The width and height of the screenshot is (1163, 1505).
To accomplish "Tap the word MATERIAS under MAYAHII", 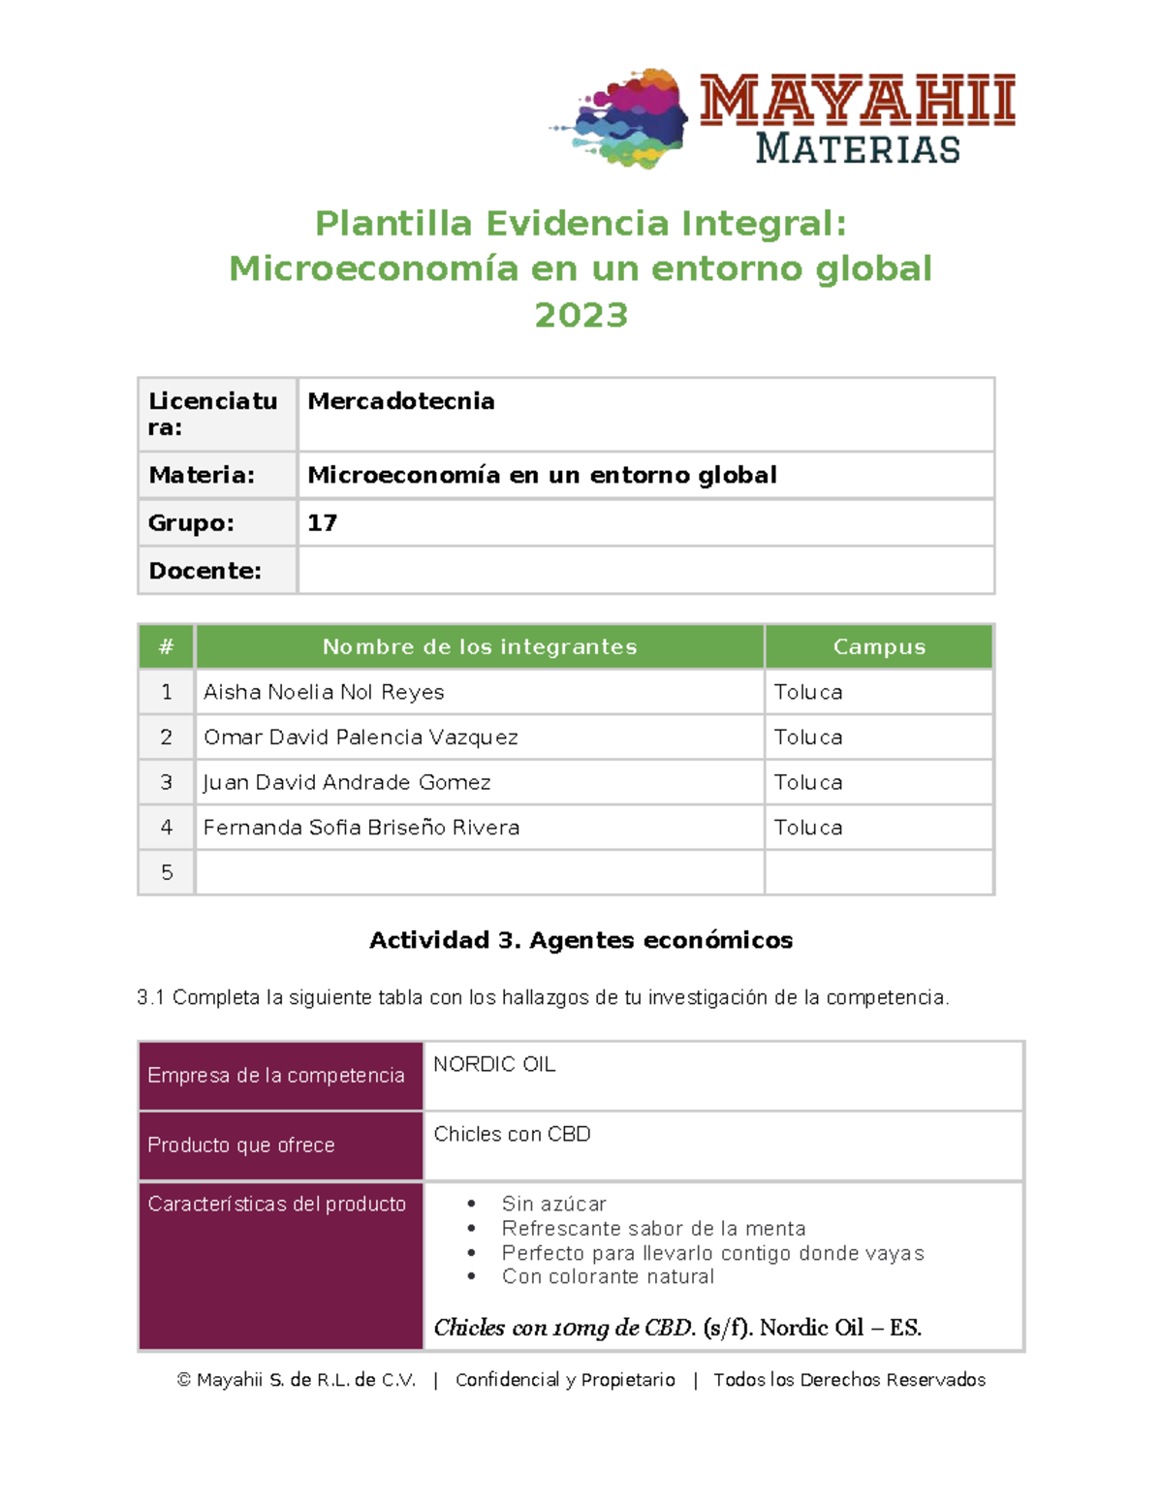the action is (857, 149).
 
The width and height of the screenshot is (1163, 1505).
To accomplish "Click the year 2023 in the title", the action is (581, 315).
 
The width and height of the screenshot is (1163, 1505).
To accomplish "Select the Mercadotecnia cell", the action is (401, 401).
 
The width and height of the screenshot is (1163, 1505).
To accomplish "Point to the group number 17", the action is (322, 523).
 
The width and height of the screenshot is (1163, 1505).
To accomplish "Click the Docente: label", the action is (204, 571).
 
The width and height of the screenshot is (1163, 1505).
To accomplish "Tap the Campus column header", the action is (879, 647).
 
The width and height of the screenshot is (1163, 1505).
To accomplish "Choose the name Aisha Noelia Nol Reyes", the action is (324, 692).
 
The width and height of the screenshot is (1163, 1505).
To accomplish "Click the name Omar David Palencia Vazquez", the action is (361, 737).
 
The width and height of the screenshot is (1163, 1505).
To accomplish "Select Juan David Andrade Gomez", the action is (347, 782).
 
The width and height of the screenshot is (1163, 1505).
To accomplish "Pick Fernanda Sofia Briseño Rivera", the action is (361, 828).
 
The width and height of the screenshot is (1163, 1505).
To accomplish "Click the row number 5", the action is (167, 872).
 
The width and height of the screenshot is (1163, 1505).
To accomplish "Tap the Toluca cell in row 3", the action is (808, 782).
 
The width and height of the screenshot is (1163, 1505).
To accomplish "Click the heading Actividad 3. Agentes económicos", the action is (581, 940).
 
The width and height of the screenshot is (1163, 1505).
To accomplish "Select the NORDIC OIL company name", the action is (494, 1064).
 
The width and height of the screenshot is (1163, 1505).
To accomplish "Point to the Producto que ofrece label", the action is (241, 1145).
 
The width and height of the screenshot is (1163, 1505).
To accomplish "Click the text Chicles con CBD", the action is (512, 1134).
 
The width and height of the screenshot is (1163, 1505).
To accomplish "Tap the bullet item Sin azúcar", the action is (553, 1204).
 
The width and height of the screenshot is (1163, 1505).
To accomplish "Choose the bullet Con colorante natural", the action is (608, 1276).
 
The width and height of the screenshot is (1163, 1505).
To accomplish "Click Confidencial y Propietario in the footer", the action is (565, 1380).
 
